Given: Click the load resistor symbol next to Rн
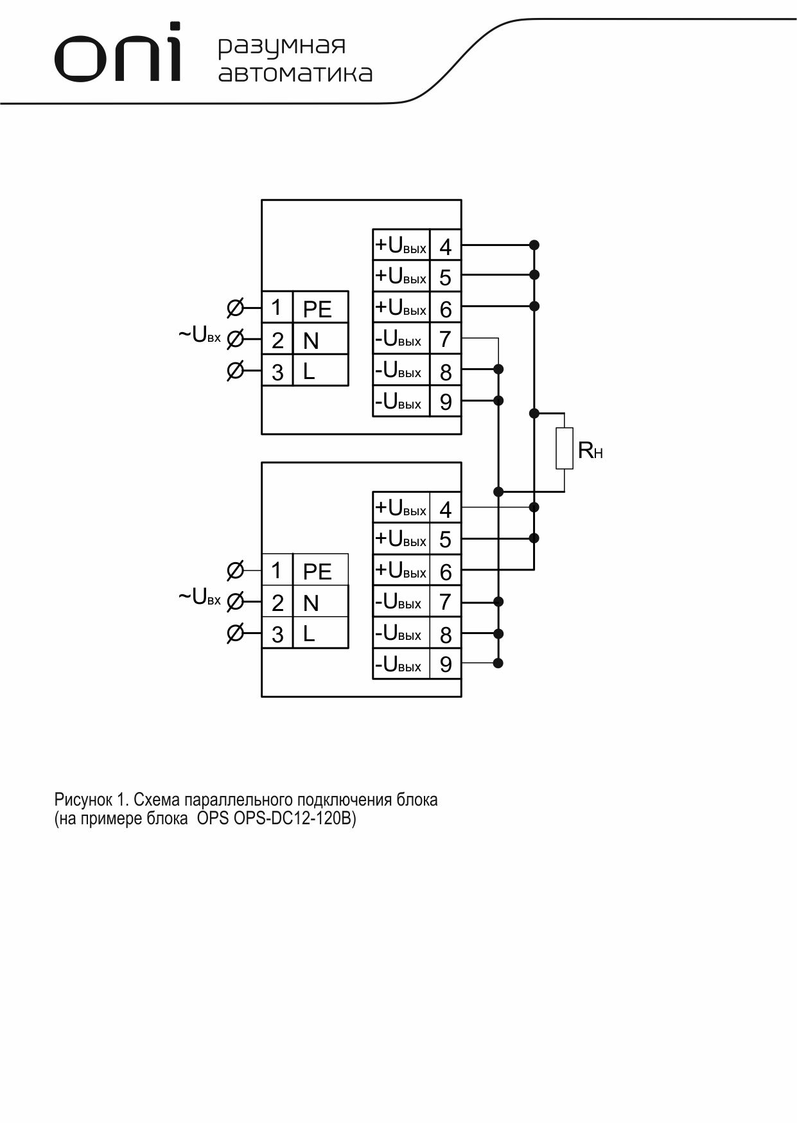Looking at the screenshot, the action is click(565, 448).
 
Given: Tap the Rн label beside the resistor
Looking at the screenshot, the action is click(590, 450).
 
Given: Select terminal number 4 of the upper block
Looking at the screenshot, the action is click(445, 247).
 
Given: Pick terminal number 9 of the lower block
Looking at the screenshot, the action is click(445, 664).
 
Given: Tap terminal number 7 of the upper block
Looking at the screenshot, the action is click(445, 339).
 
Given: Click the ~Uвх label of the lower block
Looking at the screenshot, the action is click(199, 597).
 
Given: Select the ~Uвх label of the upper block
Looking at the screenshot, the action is click(199, 335).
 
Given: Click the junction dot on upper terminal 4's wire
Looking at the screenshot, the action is click(534, 245).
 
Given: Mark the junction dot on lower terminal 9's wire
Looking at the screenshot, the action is click(498, 663).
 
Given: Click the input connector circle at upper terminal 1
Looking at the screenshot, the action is click(236, 308).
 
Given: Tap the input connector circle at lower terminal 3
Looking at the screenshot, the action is click(236, 634).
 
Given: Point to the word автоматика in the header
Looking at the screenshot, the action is click(295, 73).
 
